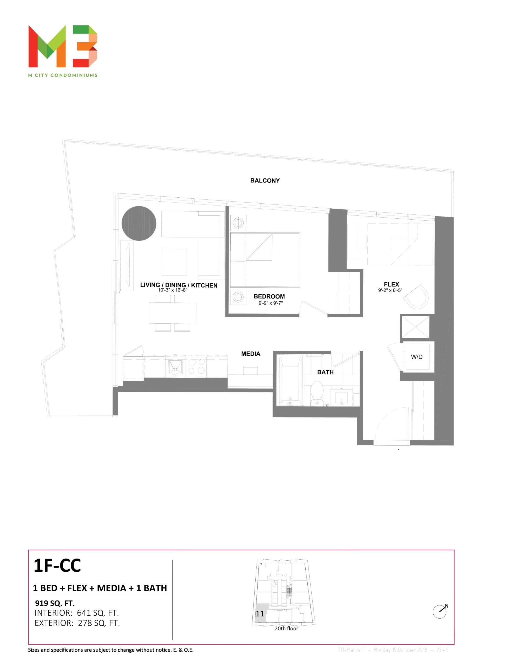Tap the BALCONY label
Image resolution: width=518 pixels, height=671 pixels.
265,181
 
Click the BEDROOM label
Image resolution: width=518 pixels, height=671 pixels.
269,296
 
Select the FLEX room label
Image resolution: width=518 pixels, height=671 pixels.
391,284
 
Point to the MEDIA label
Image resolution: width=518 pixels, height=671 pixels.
251,354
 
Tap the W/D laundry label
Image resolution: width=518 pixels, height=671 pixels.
417,357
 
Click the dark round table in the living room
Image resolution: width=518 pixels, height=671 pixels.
139,223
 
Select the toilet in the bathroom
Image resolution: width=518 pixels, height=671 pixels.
317,393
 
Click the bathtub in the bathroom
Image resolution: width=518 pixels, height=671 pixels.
290,380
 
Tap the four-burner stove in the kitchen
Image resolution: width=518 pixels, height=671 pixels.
196,366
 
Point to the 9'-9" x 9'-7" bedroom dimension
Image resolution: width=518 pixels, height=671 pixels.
271,303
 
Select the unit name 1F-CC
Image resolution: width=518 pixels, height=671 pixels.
57,566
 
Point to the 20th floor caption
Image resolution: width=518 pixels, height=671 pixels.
286,628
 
